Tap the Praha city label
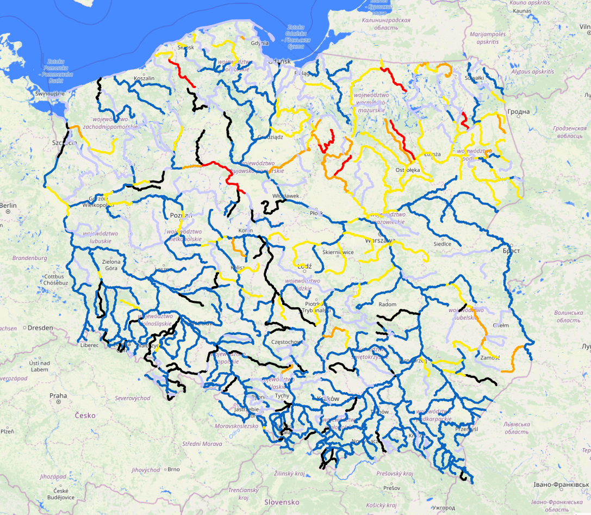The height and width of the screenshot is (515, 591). [x=58, y=395]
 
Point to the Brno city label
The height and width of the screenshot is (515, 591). [x=173, y=469]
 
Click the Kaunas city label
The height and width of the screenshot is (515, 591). [x=521, y=10]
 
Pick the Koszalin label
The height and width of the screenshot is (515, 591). [x=144, y=78]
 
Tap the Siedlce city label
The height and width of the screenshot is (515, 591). [x=442, y=244]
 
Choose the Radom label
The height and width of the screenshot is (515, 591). [x=388, y=304]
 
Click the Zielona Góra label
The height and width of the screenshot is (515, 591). [x=110, y=265]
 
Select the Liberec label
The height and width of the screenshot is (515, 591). [x=89, y=345]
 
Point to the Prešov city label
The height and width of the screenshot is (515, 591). [x=391, y=488]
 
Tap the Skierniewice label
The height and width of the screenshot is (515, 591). [x=339, y=252]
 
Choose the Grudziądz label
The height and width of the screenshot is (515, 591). [x=270, y=137]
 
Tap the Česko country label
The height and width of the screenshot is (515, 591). [x=85, y=415]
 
